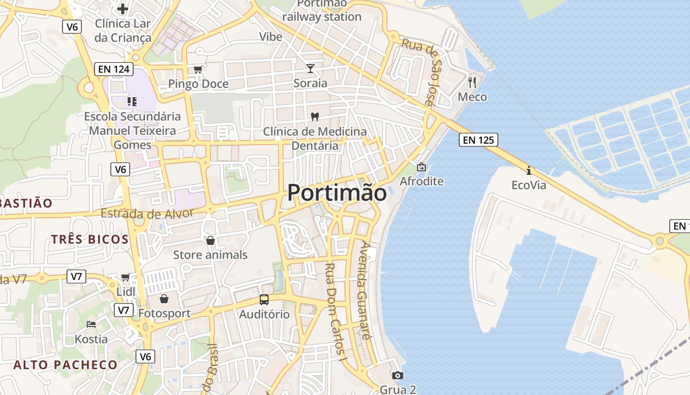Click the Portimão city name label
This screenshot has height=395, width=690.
click(337, 193)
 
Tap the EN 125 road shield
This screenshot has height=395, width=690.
click(478, 140)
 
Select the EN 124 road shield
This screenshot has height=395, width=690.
click(114, 70)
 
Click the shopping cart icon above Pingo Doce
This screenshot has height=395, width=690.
click(198, 69)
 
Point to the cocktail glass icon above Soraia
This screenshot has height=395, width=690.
click(310, 68)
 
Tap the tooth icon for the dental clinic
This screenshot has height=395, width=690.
click(315, 117)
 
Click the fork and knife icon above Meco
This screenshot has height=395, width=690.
click(472, 82)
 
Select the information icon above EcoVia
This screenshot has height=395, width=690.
click(529, 171)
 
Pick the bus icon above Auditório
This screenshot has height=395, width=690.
click(264, 300)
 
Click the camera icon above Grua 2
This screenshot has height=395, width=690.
click(398, 376)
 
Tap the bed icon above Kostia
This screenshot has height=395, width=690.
click(91, 324)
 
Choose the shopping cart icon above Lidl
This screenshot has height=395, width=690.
click(126, 277)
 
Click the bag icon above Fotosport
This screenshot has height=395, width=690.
click(164, 299)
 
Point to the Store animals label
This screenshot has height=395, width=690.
click(210, 255)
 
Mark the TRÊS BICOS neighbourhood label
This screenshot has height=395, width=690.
click(90, 239)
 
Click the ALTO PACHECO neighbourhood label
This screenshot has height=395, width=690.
click(66, 365)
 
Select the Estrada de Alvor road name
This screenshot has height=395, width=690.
click(147, 214)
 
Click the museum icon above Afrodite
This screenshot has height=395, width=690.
click(421, 167)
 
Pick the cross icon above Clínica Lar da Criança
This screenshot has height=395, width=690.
click(123, 9)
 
